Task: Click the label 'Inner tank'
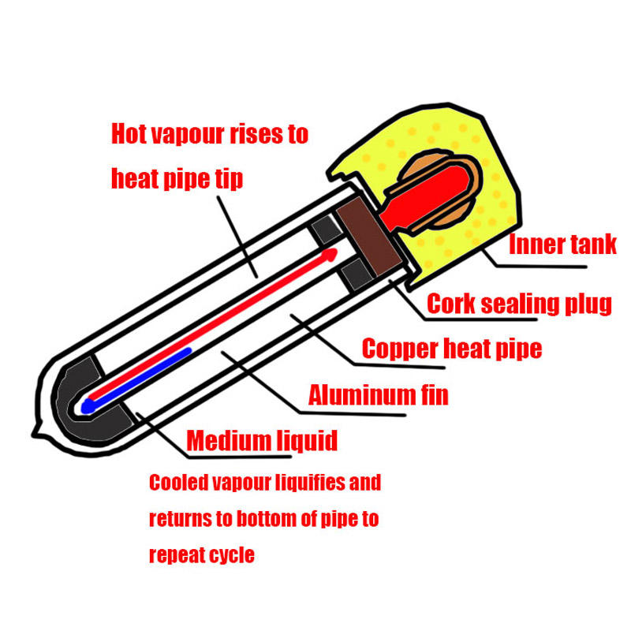562,245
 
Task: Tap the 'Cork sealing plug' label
519,304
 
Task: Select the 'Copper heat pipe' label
451,348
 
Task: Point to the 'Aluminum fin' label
378,394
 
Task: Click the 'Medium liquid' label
262,439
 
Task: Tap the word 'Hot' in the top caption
129,133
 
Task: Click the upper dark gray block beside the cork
325,230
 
